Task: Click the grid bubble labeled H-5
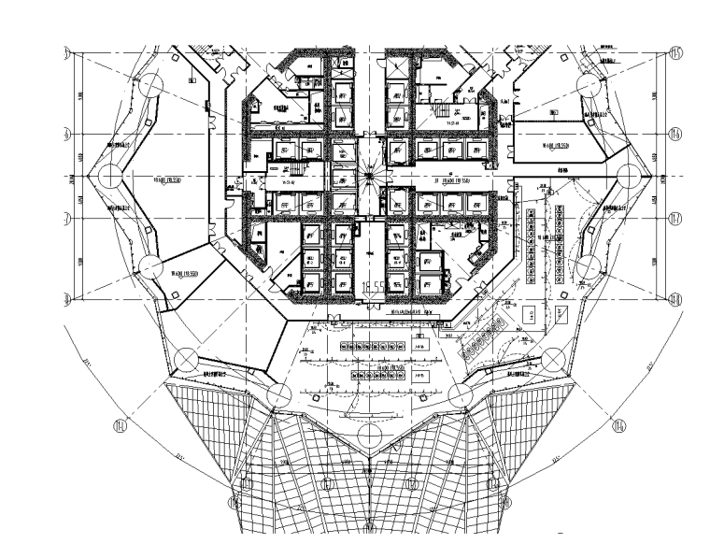tap(674, 50)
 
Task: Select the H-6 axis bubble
tap(674, 134)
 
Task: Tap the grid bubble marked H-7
tap(674, 218)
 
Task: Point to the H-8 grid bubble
tap(674, 300)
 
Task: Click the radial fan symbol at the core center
tap(371, 175)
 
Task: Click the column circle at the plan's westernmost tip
tap(109, 175)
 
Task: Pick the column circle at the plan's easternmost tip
tap(632, 175)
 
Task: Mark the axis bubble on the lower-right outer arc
tap(618, 427)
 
